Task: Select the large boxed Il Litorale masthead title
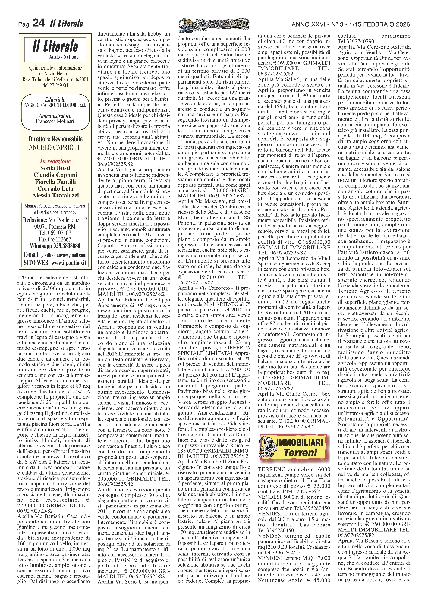[55, 46]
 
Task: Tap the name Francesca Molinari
[55, 121]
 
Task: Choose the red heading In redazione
[55, 161]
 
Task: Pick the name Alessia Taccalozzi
[55, 196]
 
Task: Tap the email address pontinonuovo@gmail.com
[66, 255]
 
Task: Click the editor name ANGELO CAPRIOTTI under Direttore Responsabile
[55, 148]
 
